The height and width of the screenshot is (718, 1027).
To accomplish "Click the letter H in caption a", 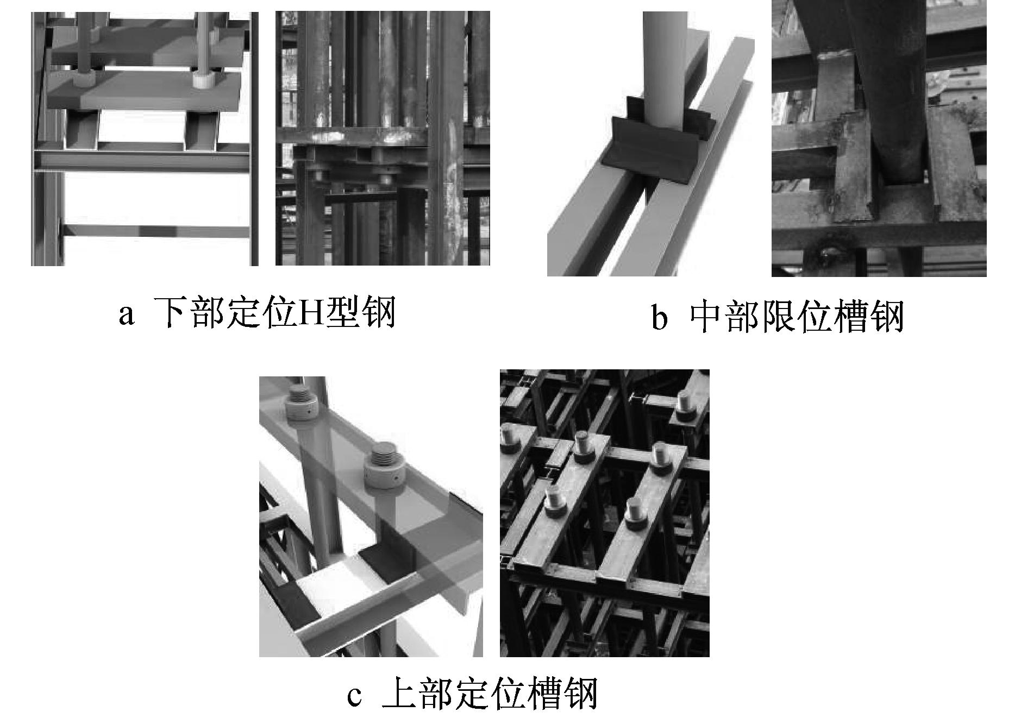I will pos(310,313).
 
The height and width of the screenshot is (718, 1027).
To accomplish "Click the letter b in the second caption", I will pos(659,317).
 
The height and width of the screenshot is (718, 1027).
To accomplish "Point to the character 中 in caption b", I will pos(706,316).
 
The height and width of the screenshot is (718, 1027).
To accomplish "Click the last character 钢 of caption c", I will pos(580,692).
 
